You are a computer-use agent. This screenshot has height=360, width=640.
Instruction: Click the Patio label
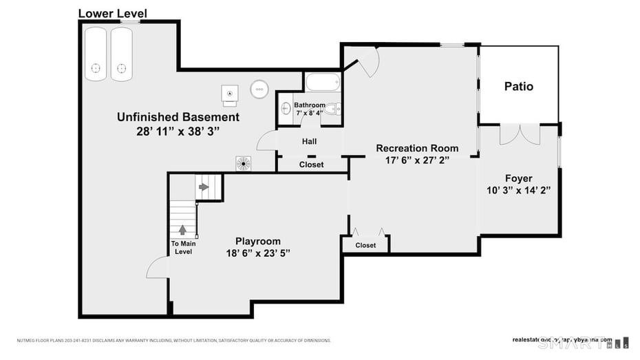pos(518,87)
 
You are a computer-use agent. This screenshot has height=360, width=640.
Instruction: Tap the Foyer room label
pos(518,178)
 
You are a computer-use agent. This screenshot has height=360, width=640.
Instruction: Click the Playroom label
pos(258,241)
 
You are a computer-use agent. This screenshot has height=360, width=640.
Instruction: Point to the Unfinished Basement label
pos(178,117)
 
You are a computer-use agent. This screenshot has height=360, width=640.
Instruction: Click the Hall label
pos(309,142)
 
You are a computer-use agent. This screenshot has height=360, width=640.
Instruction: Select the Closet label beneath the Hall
pos(311,165)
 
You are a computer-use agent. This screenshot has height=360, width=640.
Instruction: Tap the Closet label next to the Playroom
pos(365,245)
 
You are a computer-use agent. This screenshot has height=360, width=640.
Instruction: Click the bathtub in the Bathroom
pos(322,83)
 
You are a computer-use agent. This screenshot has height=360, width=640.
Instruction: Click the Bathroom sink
pos(286,108)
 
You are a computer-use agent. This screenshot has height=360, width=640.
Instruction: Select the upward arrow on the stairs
pos(183,229)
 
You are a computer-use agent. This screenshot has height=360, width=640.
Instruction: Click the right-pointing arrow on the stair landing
pos(204,187)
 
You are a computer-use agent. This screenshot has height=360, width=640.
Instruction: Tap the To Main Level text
pos(183,248)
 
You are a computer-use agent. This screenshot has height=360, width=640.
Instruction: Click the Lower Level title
pos(112,13)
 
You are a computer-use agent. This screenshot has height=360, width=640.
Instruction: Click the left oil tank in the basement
pos(96,53)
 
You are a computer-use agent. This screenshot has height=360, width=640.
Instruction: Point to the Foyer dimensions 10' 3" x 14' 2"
pos(518,190)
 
